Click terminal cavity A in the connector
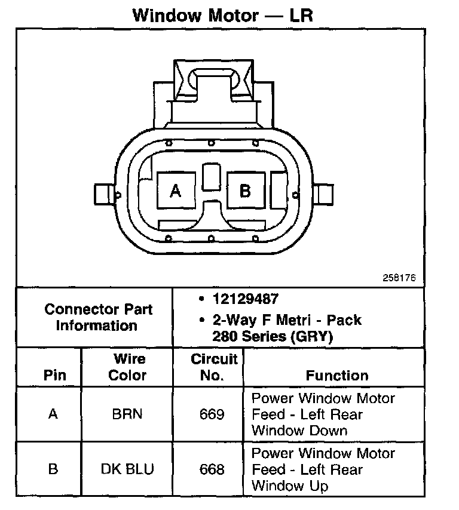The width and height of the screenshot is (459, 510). pos(175,191)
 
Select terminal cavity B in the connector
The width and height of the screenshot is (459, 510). pos(244,191)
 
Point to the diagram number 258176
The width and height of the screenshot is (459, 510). pos(399,278)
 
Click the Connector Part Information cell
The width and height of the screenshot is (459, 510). pos(98,318)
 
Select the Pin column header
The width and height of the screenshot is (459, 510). pos(54,376)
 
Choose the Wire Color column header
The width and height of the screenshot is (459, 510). pos(129,367)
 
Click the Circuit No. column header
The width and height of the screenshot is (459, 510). pos(214,367)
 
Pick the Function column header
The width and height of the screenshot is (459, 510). pos(337,376)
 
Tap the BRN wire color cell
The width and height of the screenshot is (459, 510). pos(127,414)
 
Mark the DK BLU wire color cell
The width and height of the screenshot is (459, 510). pos(127,469)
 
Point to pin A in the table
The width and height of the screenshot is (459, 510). pos(53,414)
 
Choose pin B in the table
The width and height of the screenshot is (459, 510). pos(53,469)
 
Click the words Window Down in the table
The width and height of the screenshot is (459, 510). pos(299,430)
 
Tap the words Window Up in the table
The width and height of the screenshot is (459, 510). pos(290,486)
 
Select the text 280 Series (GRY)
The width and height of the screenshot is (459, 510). pos(273,336)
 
